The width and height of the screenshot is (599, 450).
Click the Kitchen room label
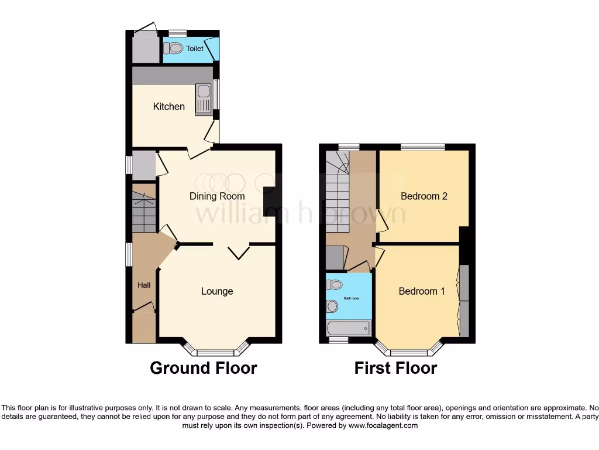168,107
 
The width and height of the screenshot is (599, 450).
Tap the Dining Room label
217,196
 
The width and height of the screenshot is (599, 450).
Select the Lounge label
217,291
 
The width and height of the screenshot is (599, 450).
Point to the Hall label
144,285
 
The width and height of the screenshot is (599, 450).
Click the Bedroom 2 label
424,196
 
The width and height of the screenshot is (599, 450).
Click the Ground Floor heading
203,368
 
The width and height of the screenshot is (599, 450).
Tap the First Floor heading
395,368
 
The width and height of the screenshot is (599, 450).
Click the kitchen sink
203,99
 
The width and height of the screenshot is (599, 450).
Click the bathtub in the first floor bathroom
349,328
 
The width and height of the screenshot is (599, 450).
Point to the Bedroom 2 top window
422,147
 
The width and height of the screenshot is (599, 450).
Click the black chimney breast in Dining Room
270,202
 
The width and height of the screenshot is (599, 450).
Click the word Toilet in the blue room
195,49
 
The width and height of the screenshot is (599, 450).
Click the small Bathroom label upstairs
352,298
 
